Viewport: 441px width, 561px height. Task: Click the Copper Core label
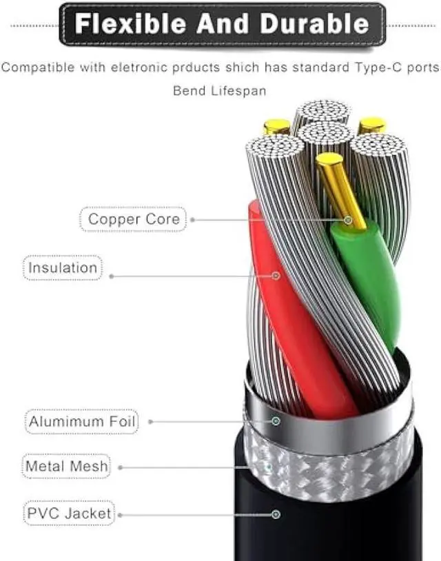(x=134, y=220)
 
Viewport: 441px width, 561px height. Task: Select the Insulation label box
(x=63, y=267)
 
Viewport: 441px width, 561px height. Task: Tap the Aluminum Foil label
(x=82, y=420)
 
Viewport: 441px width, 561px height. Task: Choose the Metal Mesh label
(x=66, y=467)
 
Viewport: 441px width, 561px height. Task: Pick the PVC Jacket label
(x=69, y=513)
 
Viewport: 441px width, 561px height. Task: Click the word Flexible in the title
(x=131, y=24)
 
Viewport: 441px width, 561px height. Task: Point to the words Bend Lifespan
(x=219, y=90)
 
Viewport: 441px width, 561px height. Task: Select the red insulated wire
(x=296, y=324)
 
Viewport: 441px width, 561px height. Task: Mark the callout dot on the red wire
(x=276, y=276)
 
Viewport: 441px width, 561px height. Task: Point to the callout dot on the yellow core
(x=348, y=221)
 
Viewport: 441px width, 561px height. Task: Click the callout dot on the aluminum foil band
(x=276, y=420)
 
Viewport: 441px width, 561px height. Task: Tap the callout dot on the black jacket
(x=276, y=513)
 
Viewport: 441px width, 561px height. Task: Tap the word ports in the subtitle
(x=421, y=68)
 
